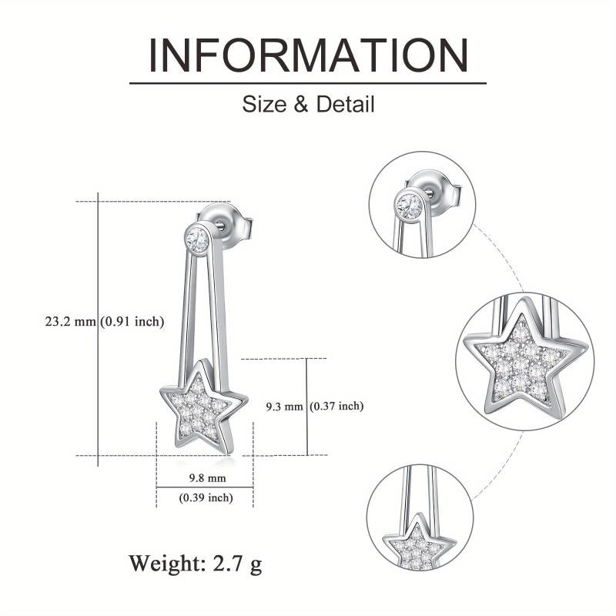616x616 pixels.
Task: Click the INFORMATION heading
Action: coord(309,55)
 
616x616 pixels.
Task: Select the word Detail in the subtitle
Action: coord(345,105)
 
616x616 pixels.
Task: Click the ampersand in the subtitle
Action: coord(301,105)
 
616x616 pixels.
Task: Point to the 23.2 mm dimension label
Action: coord(70,322)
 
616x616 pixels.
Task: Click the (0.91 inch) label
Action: coord(132,322)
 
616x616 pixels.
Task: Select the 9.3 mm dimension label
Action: coord(284,407)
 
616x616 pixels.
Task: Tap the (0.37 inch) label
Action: coord(336,406)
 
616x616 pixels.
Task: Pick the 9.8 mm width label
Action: coord(207,478)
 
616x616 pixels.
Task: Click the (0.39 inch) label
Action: coord(206,497)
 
